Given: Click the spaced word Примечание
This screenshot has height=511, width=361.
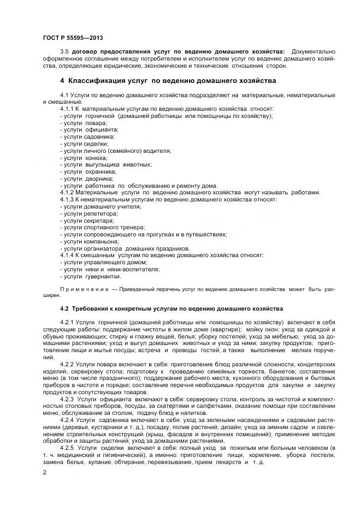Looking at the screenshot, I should pyautogui.click(x=84, y=288).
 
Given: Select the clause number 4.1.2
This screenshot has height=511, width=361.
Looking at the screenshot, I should pyautogui.click(x=67, y=192).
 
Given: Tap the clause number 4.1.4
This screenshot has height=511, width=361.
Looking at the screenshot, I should pyautogui.click(x=67, y=255).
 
